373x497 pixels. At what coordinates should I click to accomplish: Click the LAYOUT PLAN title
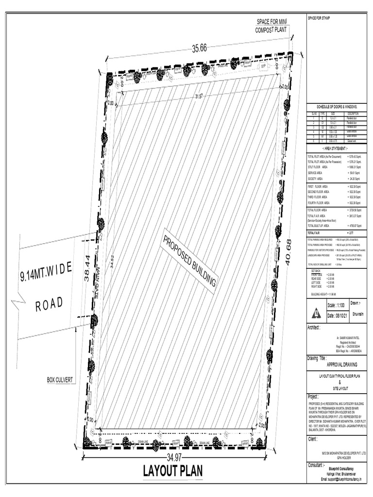tap(172, 471)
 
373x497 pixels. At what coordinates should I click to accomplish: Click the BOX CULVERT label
tap(62, 379)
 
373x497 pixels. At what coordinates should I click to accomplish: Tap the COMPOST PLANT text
tap(271, 30)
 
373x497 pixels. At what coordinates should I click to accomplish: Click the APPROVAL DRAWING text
tap(335, 363)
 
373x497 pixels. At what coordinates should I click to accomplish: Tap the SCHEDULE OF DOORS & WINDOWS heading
tap(337, 106)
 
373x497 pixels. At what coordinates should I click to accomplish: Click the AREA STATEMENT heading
tap(335, 149)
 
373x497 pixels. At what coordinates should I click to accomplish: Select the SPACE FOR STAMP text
tap(319, 18)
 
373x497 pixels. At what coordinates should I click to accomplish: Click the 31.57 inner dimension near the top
tap(198, 96)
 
